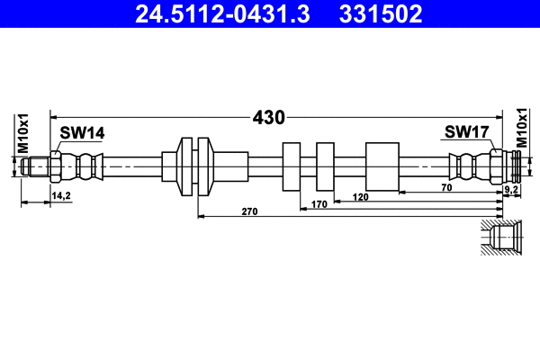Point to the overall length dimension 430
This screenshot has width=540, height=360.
tap(268, 117)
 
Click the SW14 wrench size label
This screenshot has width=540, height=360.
tap(82, 132)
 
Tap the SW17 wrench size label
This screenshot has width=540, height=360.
tap(465, 132)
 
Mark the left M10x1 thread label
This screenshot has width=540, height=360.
tap(24, 132)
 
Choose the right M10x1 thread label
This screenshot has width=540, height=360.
tap(521, 128)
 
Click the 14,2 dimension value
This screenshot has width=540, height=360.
tap(61, 194)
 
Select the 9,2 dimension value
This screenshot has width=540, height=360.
tap(510, 190)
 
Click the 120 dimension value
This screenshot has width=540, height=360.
tap(360, 196)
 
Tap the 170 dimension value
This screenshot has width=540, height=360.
tap(318, 204)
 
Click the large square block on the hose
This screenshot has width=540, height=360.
tap(382, 166)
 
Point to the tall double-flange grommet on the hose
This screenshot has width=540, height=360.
tap(198, 166)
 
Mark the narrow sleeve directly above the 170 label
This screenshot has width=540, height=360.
tap(325, 166)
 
